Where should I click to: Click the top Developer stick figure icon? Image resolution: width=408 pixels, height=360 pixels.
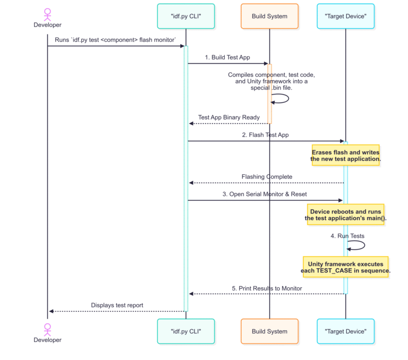click(47, 13)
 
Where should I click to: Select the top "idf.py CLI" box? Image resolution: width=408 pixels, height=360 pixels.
click(185, 16)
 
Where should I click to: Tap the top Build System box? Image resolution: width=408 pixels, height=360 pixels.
click(269, 16)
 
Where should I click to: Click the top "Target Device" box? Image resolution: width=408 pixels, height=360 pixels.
click(345, 16)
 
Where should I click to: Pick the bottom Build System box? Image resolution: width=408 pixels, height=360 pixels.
click(269, 331)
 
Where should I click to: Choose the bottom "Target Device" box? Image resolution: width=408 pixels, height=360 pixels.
click(345, 331)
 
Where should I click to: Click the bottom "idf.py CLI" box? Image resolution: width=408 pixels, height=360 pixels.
click(185, 331)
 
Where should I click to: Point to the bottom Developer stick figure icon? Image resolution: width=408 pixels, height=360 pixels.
click(47, 329)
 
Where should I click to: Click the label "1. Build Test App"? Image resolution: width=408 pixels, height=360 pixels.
click(227, 57)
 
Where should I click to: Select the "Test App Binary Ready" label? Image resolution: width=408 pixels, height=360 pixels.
click(228, 117)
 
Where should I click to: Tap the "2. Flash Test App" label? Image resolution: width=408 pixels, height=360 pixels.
click(265, 135)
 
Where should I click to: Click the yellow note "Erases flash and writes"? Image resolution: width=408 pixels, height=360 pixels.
click(345, 155)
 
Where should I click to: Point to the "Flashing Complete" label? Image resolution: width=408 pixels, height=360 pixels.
click(267, 177)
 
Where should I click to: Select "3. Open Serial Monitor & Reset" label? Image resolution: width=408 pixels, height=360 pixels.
click(265, 194)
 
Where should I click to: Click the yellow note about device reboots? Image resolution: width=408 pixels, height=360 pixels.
click(345, 215)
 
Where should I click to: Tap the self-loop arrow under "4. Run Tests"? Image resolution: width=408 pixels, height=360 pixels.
click(357, 245)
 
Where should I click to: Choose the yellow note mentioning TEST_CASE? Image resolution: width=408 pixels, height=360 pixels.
click(346, 267)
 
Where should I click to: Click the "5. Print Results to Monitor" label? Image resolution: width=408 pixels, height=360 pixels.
click(267, 288)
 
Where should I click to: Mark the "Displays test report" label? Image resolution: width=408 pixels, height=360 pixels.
click(117, 305)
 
